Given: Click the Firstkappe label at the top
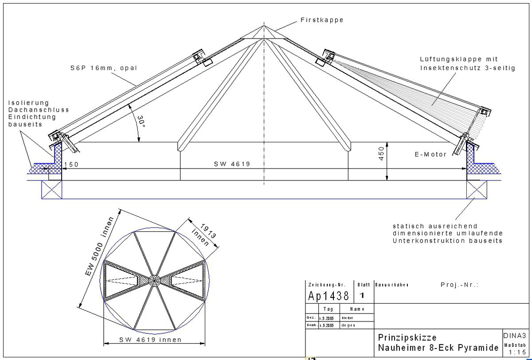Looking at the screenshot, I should click(322, 20).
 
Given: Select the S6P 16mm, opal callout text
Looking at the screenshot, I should click(103, 68).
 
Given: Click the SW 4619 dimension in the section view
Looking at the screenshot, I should click(232, 164).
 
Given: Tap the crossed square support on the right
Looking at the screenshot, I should click(476, 189).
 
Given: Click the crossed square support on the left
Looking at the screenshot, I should click(51, 189).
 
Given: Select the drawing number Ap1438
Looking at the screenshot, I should click(329, 296).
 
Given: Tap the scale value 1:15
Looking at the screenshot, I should click(517, 352).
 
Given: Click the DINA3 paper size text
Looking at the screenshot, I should click(515, 336).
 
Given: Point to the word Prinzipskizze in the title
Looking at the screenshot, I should click(407, 337).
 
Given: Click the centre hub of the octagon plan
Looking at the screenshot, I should click(154, 280).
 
